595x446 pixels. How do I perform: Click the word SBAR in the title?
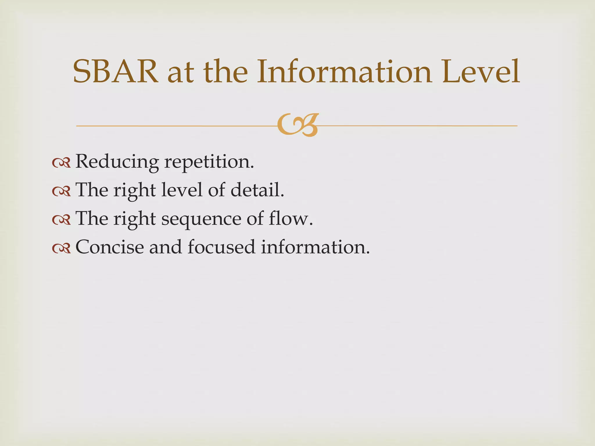116,72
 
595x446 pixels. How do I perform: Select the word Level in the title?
481,72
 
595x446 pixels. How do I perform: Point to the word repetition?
209,161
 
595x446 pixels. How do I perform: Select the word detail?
257,190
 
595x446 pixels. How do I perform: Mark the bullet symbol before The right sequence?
61,220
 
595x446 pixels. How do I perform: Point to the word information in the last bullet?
315,247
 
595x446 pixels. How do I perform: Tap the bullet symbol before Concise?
61,249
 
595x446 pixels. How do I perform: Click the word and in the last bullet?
165,247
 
